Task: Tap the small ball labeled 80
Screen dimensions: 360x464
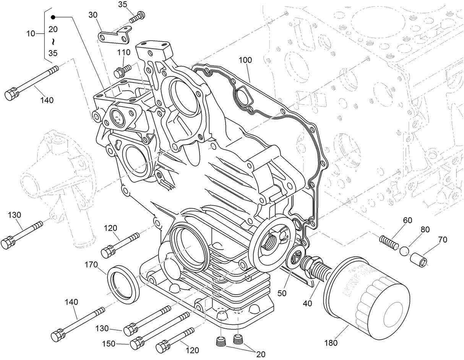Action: (404, 251)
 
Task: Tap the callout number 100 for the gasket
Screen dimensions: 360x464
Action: (246, 60)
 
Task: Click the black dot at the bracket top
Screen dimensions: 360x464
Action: (53, 17)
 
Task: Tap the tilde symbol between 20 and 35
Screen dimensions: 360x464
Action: (53, 41)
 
